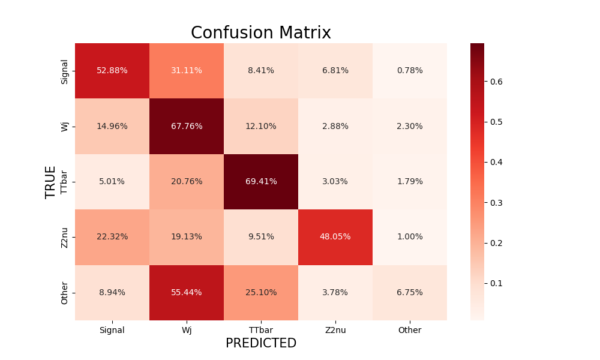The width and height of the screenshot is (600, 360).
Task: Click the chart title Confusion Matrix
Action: (x=261, y=33)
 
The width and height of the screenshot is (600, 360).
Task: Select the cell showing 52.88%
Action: (x=112, y=71)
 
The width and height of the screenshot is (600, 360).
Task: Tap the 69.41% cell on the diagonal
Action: (x=261, y=182)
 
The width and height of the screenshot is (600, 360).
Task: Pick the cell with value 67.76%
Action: (x=187, y=127)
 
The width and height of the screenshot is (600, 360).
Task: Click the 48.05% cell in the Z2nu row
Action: (x=335, y=237)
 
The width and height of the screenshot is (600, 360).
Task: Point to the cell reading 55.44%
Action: (x=187, y=293)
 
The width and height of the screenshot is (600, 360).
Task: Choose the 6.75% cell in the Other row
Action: (x=410, y=293)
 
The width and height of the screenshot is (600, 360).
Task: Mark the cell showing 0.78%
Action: (x=410, y=71)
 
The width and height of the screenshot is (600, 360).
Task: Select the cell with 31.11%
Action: (x=187, y=71)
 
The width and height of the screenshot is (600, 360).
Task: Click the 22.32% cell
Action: (x=112, y=237)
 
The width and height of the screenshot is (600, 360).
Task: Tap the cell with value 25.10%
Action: (x=261, y=293)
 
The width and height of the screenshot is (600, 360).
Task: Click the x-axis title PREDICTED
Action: (x=261, y=343)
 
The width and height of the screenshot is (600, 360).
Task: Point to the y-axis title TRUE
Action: (x=50, y=182)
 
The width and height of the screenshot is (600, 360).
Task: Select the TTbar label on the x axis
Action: (x=261, y=330)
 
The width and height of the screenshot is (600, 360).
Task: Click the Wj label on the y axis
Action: (x=65, y=127)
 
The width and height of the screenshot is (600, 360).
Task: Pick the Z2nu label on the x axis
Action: (x=335, y=330)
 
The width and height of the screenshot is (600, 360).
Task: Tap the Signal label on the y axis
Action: (x=65, y=71)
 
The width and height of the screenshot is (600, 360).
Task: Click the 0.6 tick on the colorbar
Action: (x=495, y=82)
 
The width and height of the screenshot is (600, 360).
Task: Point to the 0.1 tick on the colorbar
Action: (x=495, y=283)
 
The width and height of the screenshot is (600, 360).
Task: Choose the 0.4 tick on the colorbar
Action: (x=495, y=162)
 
